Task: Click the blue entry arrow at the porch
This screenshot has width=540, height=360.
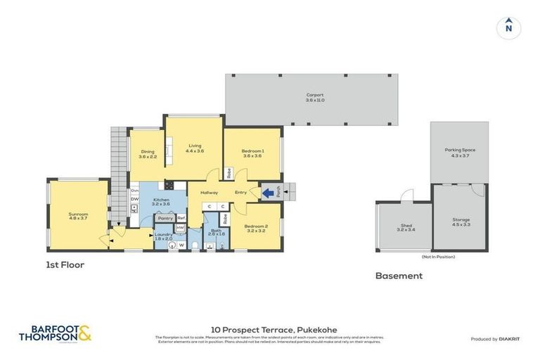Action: point(267,191)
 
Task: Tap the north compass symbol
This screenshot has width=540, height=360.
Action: point(508,27)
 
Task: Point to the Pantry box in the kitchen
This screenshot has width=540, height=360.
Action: point(165,219)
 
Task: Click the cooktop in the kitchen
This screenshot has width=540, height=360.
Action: point(169,186)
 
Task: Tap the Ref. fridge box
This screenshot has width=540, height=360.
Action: point(181,219)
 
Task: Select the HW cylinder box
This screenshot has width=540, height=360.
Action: point(180,229)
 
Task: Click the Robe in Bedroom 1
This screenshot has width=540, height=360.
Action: point(229,172)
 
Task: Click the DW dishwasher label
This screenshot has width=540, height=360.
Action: point(134,199)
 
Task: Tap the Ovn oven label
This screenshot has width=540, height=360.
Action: point(134,190)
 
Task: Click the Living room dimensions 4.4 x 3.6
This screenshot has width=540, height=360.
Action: point(195,151)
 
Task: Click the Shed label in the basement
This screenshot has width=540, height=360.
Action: point(406,225)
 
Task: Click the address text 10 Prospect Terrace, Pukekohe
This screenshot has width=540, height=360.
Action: point(270,328)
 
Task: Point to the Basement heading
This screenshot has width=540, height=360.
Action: point(399,276)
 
